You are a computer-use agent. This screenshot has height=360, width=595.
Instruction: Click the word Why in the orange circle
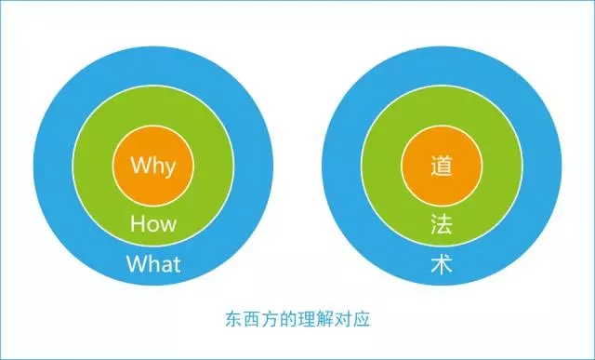pos(153,167)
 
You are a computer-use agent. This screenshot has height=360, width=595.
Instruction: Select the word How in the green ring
pos(153,223)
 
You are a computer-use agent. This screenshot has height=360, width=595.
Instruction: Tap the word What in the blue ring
pos(153,263)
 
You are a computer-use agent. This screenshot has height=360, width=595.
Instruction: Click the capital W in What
pos(136,263)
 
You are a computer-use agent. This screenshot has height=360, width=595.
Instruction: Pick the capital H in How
pos(137,223)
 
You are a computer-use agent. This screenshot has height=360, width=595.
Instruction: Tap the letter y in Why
pos(170,169)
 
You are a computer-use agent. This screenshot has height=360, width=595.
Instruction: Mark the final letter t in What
pos(177,263)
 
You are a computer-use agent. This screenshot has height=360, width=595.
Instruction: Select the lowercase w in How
pos(168,224)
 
